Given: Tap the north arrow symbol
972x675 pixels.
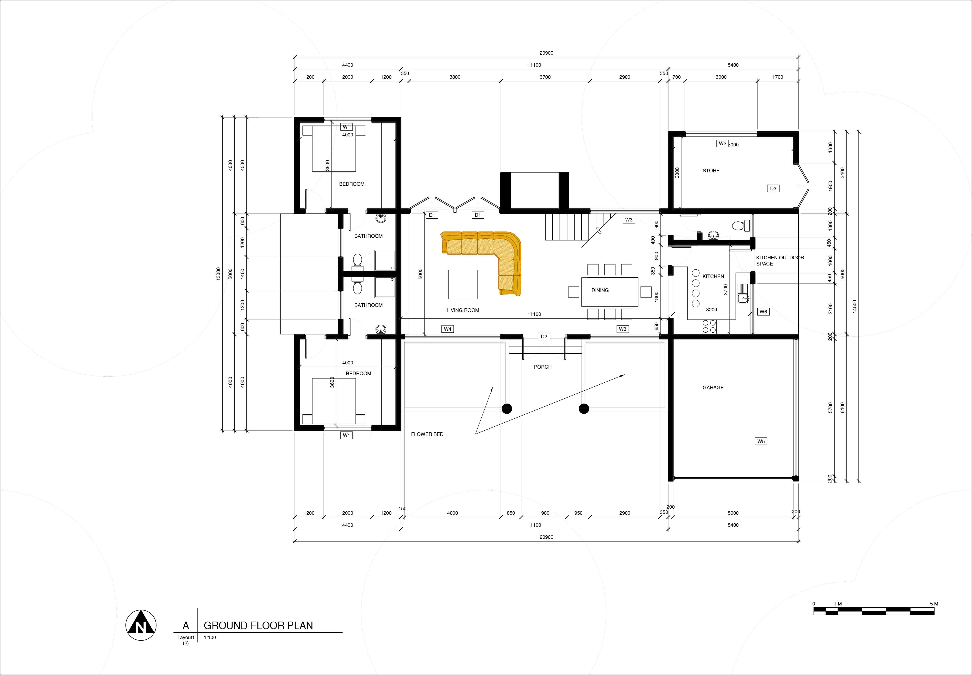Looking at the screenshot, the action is (141, 625).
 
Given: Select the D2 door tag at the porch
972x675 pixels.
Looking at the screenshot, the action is (544, 337).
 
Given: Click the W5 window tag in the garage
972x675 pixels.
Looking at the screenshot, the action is (761, 441).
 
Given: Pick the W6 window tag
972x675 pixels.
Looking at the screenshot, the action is (763, 312).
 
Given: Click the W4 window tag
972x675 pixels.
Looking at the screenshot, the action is (448, 329).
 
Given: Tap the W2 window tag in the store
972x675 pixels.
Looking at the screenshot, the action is (723, 143).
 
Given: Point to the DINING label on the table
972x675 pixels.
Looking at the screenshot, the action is (600, 290).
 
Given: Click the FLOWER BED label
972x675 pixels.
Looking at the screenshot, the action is (427, 434).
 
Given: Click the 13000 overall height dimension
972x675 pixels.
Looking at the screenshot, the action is (218, 273).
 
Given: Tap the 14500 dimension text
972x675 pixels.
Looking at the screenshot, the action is (855, 306).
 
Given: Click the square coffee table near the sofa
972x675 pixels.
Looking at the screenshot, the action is (463, 284).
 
